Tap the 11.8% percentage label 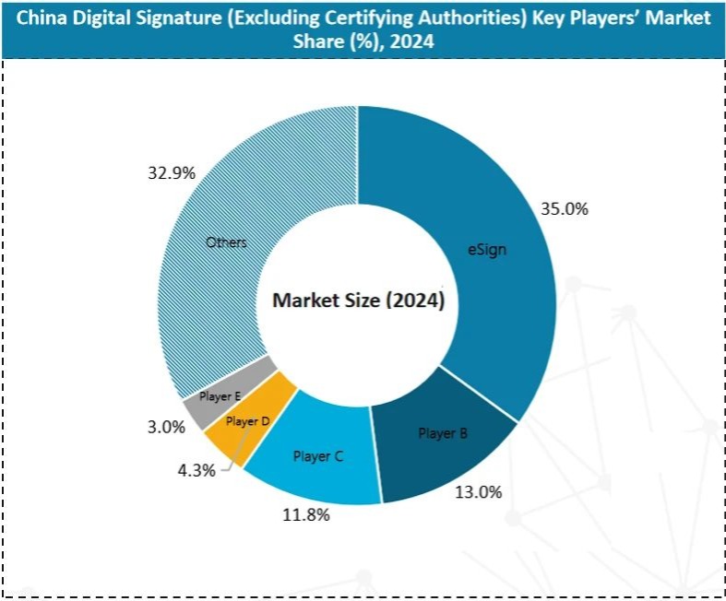(x=306, y=515)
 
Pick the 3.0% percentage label (x=167, y=426)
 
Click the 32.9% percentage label (x=172, y=172)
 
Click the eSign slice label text (x=485, y=250)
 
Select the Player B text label (x=443, y=432)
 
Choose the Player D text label (x=247, y=421)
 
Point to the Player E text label (x=220, y=396)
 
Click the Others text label (x=226, y=242)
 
